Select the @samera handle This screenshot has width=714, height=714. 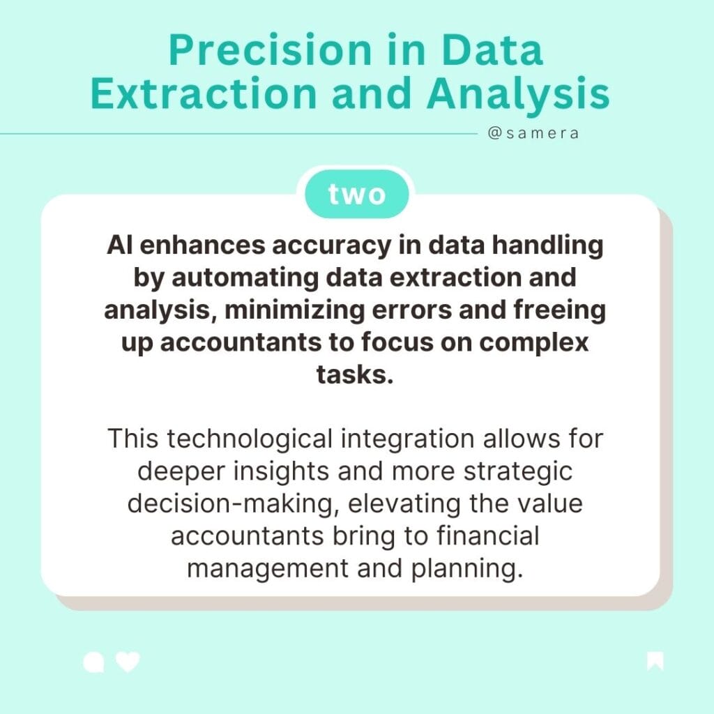tap(533, 133)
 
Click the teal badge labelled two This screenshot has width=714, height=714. tap(356, 195)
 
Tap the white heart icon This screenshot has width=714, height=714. tap(128, 661)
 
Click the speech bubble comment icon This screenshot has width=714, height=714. tap(93, 662)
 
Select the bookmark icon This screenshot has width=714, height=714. tap(655, 661)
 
